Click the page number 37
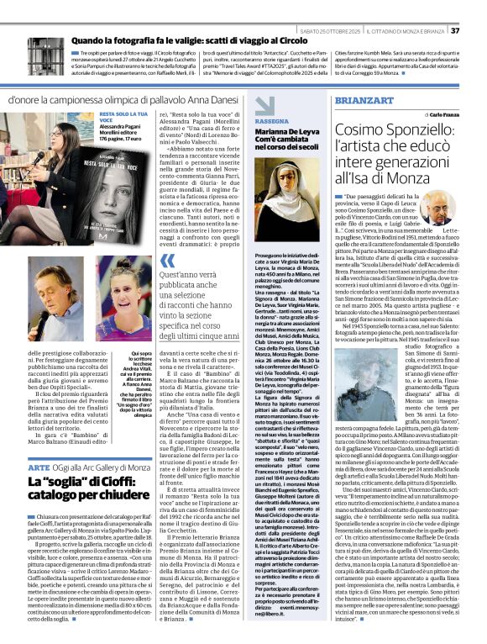478,30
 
